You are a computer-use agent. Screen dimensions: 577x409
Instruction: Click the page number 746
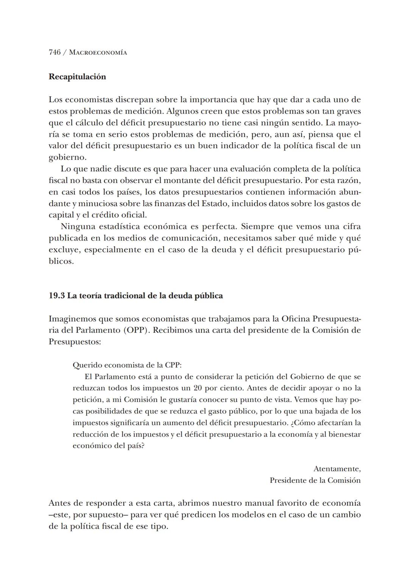(55, 52)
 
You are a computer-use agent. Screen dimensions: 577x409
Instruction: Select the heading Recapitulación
(77, 77)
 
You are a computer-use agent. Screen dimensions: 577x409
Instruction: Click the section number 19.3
(56, 296)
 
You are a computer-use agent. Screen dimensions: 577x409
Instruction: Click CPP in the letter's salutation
(173, 365)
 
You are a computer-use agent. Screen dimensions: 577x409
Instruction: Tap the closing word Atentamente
(337, 469)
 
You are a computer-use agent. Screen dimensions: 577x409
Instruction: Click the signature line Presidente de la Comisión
(315, 480)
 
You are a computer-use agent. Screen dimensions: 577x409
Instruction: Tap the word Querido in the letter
(87, 365)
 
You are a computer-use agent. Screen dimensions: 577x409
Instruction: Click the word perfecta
(218, 227)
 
